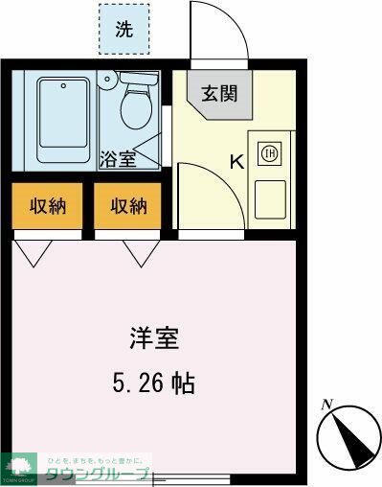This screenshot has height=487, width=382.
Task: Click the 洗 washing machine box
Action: [125, 29]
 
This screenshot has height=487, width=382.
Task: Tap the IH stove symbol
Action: [270, 152]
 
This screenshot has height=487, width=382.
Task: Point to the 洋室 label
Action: [155, 338]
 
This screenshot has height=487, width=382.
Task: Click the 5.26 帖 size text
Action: [154, 384]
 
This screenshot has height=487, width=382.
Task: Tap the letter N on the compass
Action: [326, 404]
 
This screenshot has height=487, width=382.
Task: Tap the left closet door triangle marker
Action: [34, 251]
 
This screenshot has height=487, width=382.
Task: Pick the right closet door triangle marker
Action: [141, 251]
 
